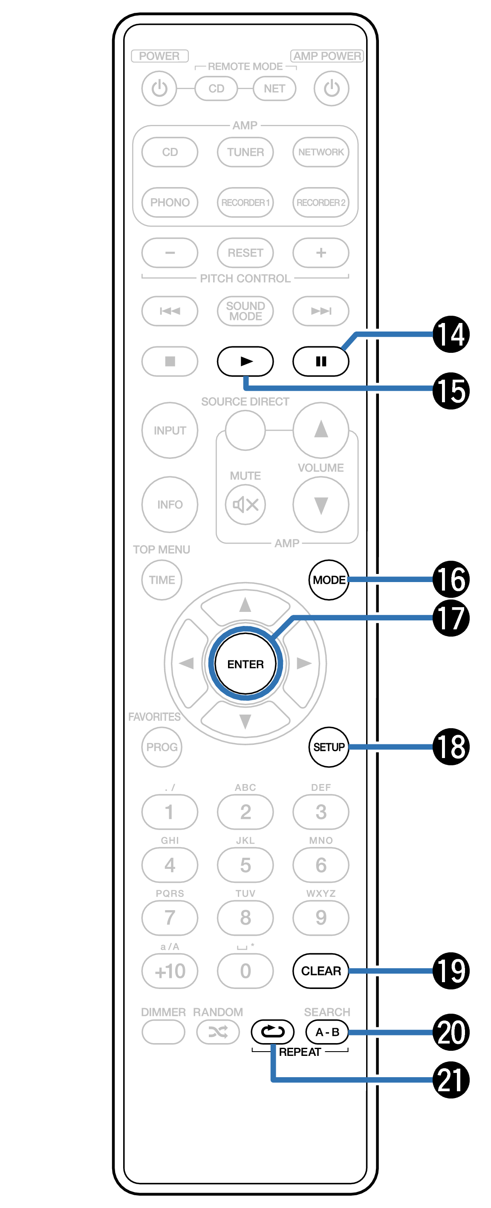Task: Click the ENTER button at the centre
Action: [245, 663]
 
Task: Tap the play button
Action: [245, 361]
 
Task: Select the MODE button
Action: [329, 579]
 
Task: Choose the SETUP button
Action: [329, 747]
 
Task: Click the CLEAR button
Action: [321, 970]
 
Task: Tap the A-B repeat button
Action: [327, 1032]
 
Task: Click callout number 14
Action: [451, 334]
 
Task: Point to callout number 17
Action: [451, 617]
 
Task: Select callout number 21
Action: [451, 1079]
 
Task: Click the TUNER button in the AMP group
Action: [245, 152]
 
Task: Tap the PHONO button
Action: [170, 202]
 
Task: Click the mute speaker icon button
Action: [245, 505]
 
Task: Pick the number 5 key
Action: [245, 865]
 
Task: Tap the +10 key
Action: [170, 970]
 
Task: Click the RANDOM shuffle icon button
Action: [218, 1032]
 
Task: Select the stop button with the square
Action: [170, 361]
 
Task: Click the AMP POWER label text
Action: [327, 56]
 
